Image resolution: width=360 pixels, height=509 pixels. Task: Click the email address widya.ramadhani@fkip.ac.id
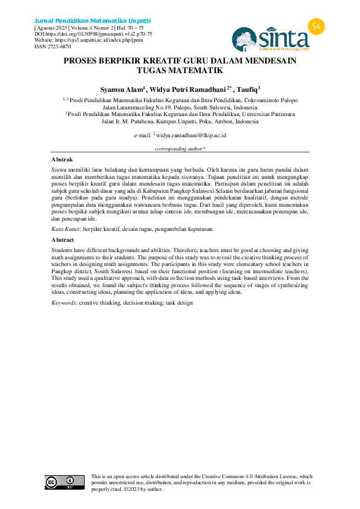coord(191,135)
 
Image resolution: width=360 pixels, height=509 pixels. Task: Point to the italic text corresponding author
coord(180,148)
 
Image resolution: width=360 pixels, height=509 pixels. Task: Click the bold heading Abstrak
coord(62,159)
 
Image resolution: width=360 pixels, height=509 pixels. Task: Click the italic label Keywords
coord(64,302)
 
